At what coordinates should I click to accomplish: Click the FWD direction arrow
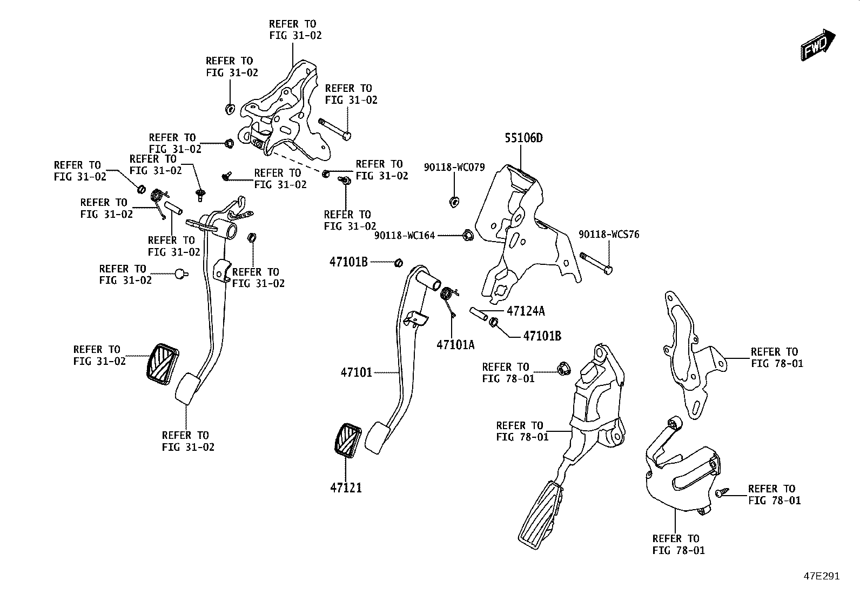[x=818, y=45]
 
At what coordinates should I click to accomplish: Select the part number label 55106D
[x=523, y=138]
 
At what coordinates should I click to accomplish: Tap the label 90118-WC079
[x=454, y=167]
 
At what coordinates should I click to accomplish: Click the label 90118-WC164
[x=405, y=235]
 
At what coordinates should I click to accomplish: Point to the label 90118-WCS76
[x=609, y=235]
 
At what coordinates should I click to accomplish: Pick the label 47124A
[x=526, y=311]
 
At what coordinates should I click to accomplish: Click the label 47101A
[x=455, y=345]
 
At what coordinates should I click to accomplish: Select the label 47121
[x=346, y=488]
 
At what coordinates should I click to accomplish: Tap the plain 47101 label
[x=357, y=372]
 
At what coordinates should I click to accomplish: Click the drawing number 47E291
[x=822, y=576]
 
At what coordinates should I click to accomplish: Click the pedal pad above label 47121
[x=347, y=441]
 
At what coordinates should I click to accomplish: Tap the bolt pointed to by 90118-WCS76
[x=596, y=263]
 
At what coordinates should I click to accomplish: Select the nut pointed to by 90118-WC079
[x=454, y=201]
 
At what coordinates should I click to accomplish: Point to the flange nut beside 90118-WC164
[x=468, y=235]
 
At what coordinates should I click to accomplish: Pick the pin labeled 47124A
[x=479, y=313]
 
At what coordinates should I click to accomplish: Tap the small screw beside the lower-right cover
[x=721, y=492]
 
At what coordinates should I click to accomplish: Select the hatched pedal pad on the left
[x=163, y=364]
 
